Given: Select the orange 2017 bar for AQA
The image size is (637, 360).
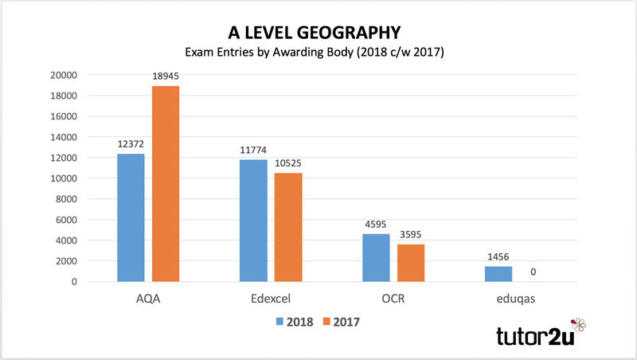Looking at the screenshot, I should coord(166,183).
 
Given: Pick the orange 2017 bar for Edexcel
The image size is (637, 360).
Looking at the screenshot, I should coord(288,227).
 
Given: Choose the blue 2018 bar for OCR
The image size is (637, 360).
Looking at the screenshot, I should coord(376,257).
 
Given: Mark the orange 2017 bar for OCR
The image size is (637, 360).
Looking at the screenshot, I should coord(411,263).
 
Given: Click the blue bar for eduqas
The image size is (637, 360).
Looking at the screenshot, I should coord(498,273).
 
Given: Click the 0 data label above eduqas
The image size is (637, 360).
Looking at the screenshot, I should coord(533,272).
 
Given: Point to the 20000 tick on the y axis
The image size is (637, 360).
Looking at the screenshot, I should coord(63,76).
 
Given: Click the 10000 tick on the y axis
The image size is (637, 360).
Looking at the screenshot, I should coord(63,178).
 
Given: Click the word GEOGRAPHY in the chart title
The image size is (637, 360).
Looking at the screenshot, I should coord(353,33).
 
